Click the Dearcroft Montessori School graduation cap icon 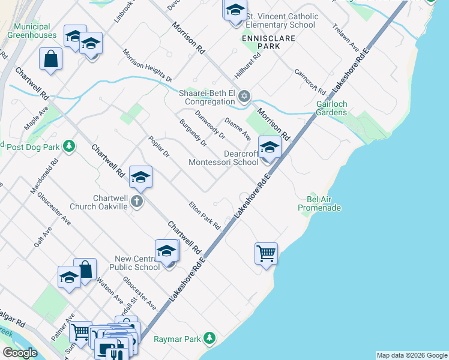[270, 148]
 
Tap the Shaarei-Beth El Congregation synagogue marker [244, 97]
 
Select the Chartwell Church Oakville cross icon [137, 202]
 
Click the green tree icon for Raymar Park [209, 339]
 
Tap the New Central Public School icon [166, 251]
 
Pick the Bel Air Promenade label [319, 203]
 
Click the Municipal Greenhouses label [32, 31]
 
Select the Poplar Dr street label [159, 146]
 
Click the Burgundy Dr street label [193, 133]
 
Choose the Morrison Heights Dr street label [148, 65]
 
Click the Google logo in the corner [20, 353]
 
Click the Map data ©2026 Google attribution [412, 355]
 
